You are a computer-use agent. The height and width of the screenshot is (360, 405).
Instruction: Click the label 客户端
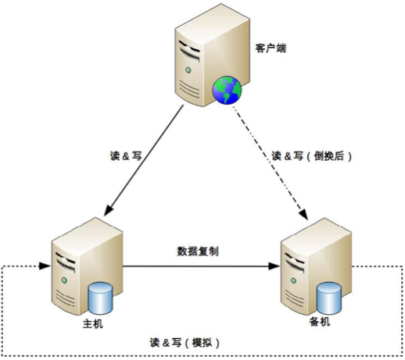point(271,48)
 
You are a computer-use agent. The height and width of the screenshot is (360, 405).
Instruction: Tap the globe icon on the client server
point(227,90)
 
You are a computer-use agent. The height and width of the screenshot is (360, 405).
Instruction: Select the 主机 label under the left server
point(93,323)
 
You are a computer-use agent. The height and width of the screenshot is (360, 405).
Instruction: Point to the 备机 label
point(320,322)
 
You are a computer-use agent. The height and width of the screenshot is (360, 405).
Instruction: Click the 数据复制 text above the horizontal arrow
point(198,251)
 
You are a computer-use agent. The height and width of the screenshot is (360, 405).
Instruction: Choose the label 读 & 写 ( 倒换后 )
point(312,156)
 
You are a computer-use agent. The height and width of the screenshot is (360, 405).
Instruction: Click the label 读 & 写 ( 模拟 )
point(185,343)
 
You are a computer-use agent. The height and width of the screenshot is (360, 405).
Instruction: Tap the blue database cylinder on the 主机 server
point(101,298)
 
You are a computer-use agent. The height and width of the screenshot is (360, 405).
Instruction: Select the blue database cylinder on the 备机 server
point(329,298)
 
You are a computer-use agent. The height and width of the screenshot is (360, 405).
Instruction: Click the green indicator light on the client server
point(188,70)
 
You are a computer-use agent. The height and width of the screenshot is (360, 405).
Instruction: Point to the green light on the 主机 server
point(64,280)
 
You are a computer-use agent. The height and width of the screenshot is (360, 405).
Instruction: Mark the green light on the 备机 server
point(293,280)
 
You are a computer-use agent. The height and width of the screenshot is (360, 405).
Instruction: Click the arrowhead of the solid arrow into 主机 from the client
point(108,210)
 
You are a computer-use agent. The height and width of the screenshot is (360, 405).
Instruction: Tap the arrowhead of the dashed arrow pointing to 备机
point(304,213)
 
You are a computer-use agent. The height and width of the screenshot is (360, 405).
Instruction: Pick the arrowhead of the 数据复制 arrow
point(274,266)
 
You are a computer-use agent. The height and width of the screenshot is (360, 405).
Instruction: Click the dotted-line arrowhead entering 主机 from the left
point(45,266)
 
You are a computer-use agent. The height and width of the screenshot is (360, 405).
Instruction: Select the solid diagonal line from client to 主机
point(144,161)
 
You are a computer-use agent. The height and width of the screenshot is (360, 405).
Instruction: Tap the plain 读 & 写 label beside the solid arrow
point(126,156)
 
